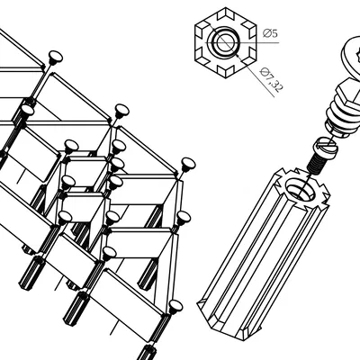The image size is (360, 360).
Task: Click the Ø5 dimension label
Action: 270,33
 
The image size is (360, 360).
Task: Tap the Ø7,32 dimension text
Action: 272,79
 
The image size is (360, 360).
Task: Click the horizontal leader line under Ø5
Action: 242,42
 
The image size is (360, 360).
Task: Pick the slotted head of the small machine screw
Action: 325,147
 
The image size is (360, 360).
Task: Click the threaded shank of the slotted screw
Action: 316,165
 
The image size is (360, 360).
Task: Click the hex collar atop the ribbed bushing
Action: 348,92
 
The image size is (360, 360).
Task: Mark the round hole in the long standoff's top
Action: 301,188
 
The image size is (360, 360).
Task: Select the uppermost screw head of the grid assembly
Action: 55,57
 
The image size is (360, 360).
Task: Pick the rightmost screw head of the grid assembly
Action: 188,165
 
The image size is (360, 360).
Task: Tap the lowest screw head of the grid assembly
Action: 175,306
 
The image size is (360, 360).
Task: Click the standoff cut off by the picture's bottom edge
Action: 149,353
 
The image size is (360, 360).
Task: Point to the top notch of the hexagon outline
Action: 226,13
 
